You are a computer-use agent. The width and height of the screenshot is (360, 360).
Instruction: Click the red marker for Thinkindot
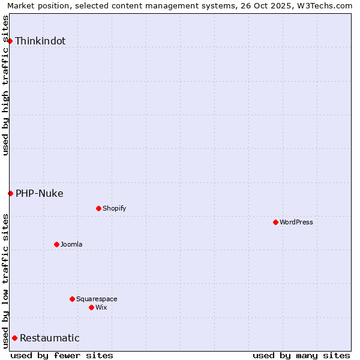[x=10, y=41]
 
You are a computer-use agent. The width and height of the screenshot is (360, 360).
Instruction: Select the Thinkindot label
[x=40, y=41]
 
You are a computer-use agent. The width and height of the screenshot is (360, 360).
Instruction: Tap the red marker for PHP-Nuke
[x=10, y=193]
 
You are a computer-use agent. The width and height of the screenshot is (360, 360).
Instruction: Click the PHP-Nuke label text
[x=40, y=193]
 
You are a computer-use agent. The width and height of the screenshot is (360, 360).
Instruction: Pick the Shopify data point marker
[x=98, y=208]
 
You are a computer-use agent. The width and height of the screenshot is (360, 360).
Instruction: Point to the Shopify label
[x=114, y=208]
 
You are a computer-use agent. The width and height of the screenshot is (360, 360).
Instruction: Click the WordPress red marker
[x=275, y=222]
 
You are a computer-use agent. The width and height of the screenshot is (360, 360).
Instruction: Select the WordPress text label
[x=296, y=222]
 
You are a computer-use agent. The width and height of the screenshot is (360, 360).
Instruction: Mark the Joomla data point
[x=56, y=244]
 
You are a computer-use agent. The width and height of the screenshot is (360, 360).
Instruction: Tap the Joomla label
[x=71, y=244]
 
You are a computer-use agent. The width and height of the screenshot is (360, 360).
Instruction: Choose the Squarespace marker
[x=72, y=299]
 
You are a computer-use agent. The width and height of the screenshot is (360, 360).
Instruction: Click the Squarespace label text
[x=97, y=299]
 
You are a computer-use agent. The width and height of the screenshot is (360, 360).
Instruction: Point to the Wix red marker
[x=91, y=307]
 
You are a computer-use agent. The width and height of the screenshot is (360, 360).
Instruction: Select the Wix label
[x=101, y=307]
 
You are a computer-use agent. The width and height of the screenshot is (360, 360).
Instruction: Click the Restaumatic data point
[x=14, y=338]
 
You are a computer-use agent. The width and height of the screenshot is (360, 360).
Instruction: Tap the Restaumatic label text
[x=50, y=338]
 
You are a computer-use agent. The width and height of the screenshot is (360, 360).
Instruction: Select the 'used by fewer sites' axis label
[x=62, y=355]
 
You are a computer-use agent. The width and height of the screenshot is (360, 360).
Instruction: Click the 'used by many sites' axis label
[x=301, y=355]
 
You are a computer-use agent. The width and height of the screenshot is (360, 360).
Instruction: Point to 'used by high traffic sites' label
[x=5, y=85]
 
